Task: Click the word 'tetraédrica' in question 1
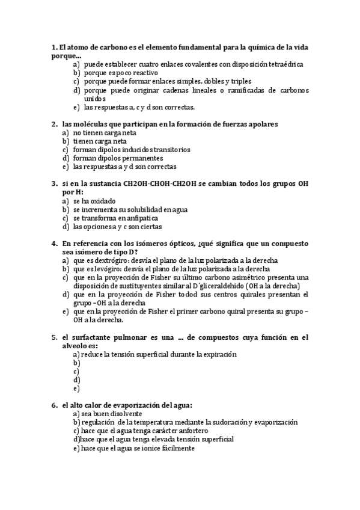pos(284,64)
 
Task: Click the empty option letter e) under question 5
pos(76,389)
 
